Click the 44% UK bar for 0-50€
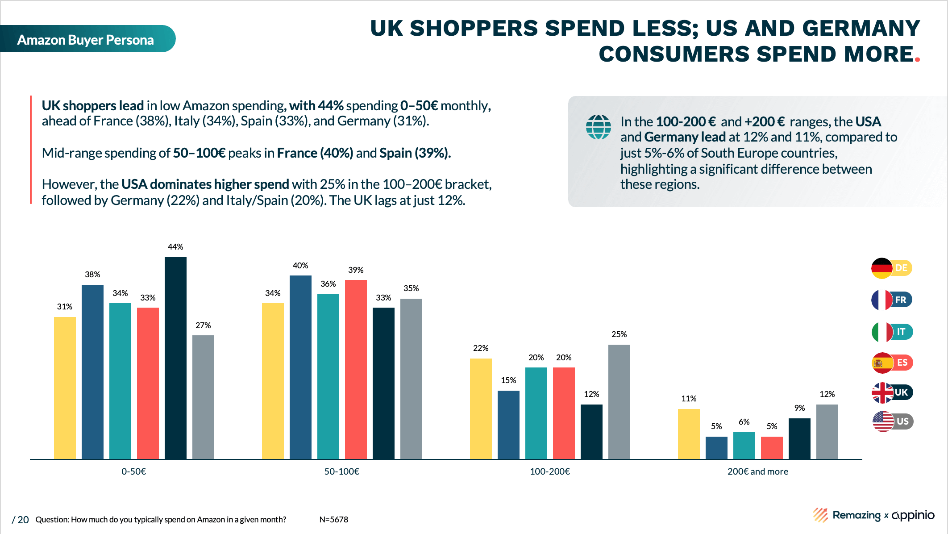(175, 358)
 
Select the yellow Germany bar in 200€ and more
(689, 434)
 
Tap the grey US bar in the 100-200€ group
(619, 401)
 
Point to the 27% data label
(203, 325)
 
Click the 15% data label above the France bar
(508, 380)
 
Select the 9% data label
(799, 408)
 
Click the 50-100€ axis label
(342, 471)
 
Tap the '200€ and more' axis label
(757, 471)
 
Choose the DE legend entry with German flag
(891, 268)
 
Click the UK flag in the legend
(882, 393)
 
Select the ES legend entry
(892, 363)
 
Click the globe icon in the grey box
(598, 127)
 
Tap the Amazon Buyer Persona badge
(86, 40)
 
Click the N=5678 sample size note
(333, 520)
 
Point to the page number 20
(23, 520)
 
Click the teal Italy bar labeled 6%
(744, 445)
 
